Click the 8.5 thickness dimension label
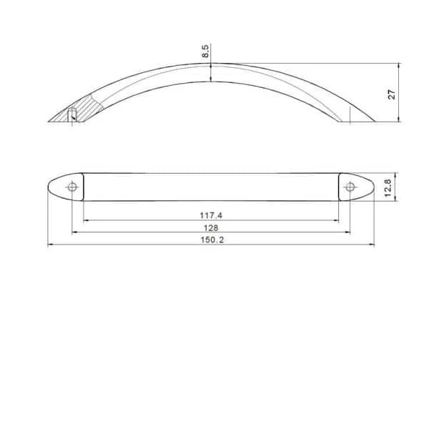[206, 51]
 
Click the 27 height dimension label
[392, 94]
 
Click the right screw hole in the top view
[350, 187]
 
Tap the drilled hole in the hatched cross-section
[72, 114]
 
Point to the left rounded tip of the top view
[50, 187]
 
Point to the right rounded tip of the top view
[372, 187]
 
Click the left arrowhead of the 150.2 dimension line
[50, 246]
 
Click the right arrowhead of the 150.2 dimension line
[372, 246]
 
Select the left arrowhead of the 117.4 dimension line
[87, 220]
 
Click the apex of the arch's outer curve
[212, 63]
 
